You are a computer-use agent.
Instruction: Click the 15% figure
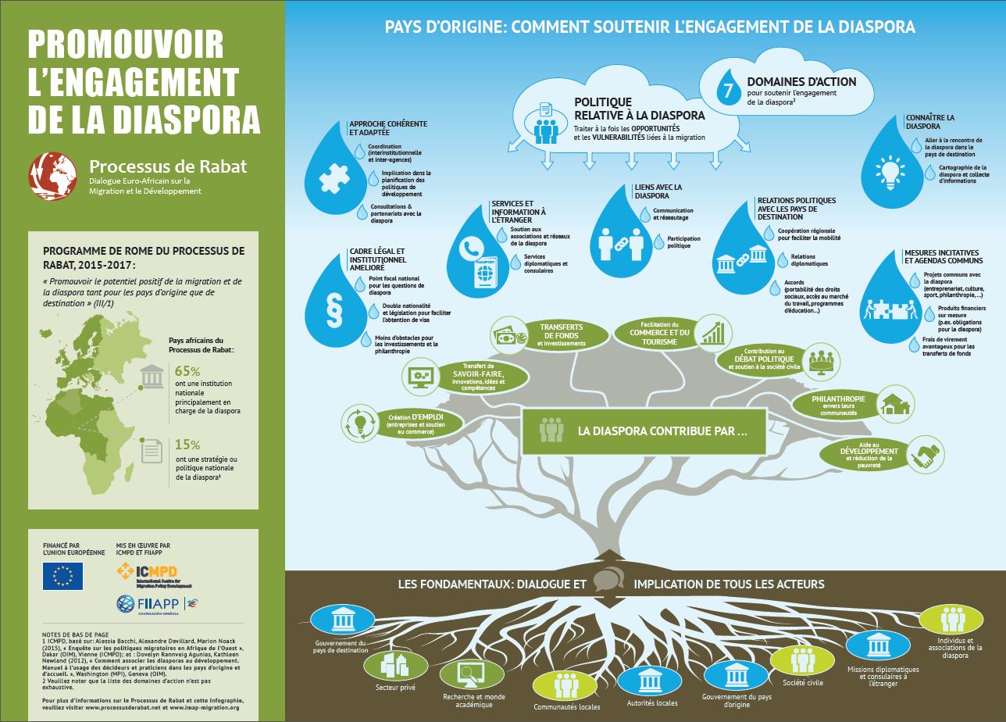click(187, 444)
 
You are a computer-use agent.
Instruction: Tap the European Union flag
click(63, 576)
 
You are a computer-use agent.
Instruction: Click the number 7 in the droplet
click(728, 91)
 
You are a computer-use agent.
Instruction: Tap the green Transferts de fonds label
click(562, 334)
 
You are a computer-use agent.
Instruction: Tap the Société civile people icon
click(804, 661)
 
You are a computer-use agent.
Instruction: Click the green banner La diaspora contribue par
click(644, 431)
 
